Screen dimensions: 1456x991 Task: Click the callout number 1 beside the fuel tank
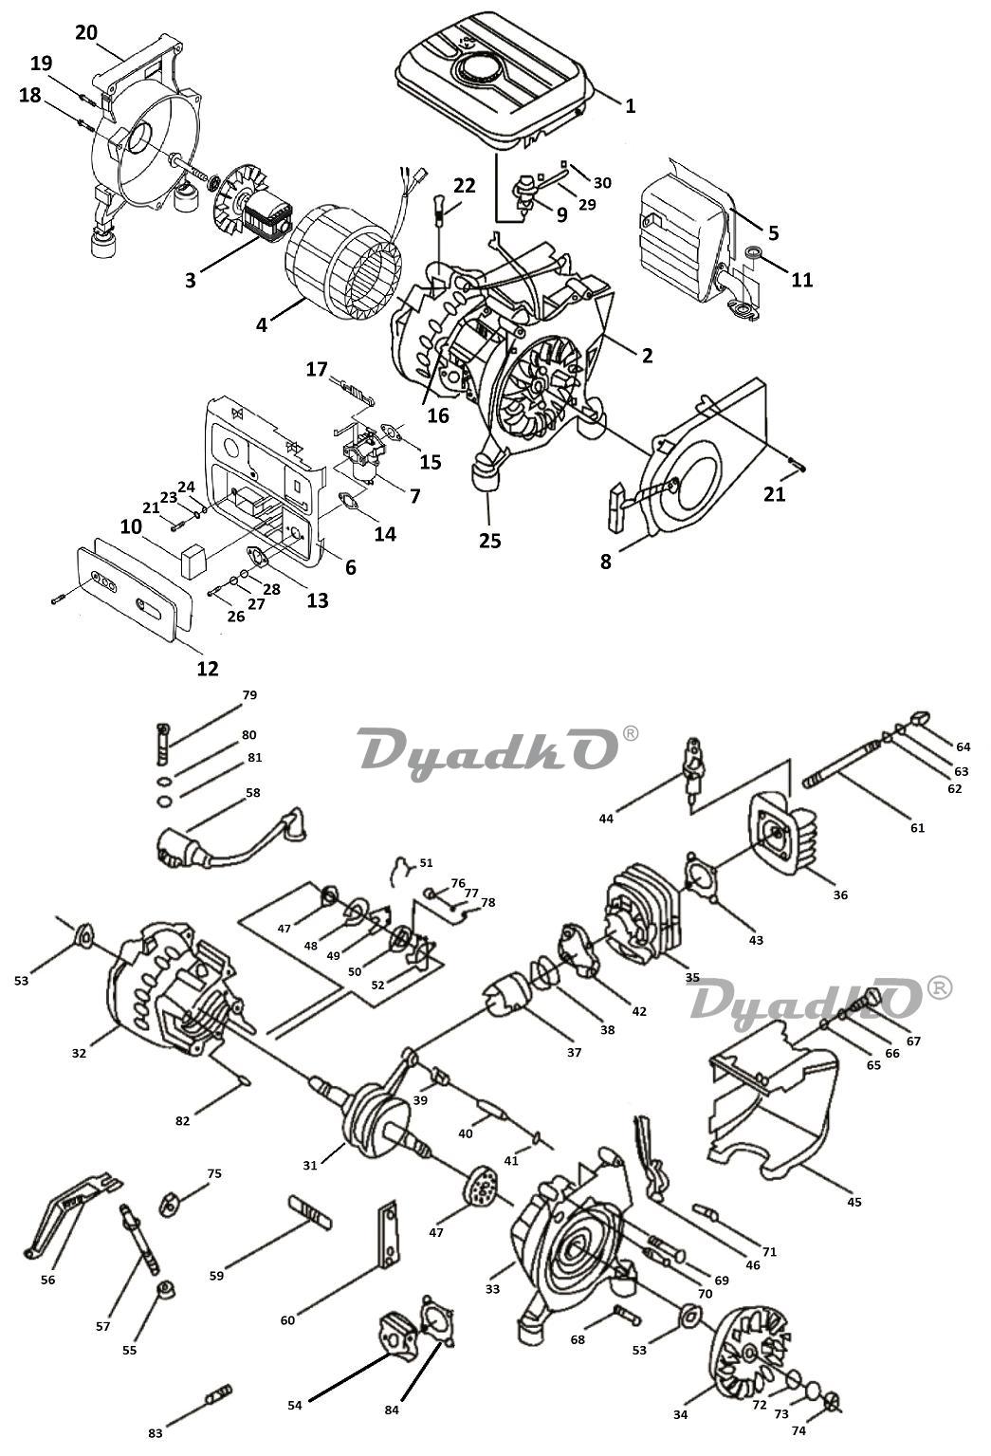pyautogui.click(x=630, y=105)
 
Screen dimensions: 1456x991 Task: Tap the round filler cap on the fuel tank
pyautogui.click(x=477, y=68)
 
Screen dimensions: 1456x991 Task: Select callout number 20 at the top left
pyautogui.click(x=85, y=32)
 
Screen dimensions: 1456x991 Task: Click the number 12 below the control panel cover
pyautogui.click(x=207, y=668)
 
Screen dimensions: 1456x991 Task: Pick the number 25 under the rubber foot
pyautogui.click(x=489, y=541)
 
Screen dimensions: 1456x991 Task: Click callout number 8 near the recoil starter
pyautogui.click(x=606, y=561)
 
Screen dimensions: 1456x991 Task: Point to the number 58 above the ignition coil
pyautogui.click(x=251, y=792)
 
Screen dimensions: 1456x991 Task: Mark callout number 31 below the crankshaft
pyautogui.click(x=309, y=1165)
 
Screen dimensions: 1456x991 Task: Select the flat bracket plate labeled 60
pyautogui.click(x=388, y=1237)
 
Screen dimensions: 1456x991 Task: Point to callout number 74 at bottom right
pyautogui.click(x=798, y=1430)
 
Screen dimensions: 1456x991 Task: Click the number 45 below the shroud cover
pyautogui.click(x=853, y=1202)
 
